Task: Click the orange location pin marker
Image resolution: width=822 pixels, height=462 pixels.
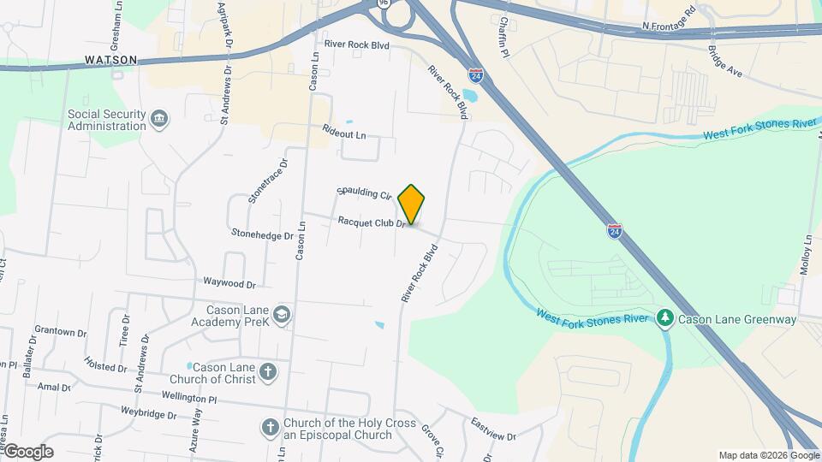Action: click(x=411, y=204)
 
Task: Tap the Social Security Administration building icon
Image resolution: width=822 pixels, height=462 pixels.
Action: click(x=158, y=120)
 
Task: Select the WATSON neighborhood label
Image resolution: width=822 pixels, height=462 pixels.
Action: click(x=111, y=60)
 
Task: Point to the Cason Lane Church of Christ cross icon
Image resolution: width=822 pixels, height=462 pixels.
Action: click(x=269, y=372)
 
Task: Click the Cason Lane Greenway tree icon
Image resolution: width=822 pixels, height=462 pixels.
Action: click(x=665, y=319)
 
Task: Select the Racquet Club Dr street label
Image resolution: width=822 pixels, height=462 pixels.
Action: click(x=371, y=222)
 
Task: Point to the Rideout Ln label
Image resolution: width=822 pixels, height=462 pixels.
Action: click(x=344, y=133)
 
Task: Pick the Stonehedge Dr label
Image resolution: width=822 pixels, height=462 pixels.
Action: click(x=262, y=234)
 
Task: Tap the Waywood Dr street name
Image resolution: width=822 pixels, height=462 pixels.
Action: click(x=229, y=282)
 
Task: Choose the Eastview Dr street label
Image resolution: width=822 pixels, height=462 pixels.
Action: click(x=494, y=429)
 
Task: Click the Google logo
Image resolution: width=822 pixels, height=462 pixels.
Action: click(x=28, y=452)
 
